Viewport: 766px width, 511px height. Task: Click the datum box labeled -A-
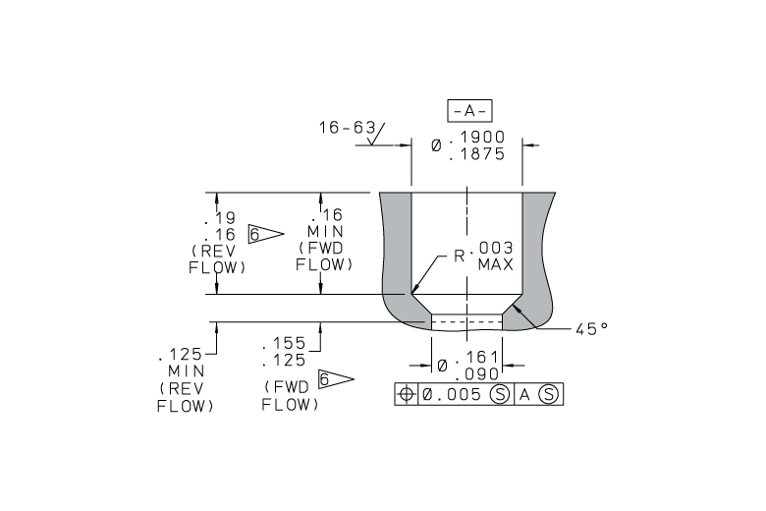point(469,111)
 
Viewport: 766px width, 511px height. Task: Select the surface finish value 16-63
point(347,128)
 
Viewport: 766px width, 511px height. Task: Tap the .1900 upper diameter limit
point(477,138)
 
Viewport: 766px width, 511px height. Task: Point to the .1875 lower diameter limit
point(477,154)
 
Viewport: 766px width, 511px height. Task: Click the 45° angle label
point(591,329)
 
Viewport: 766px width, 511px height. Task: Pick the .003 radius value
point(492,248)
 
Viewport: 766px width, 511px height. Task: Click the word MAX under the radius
point(495,265)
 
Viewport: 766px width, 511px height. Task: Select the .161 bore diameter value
point(477,358)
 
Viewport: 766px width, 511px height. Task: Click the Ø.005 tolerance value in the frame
point(452,395)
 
